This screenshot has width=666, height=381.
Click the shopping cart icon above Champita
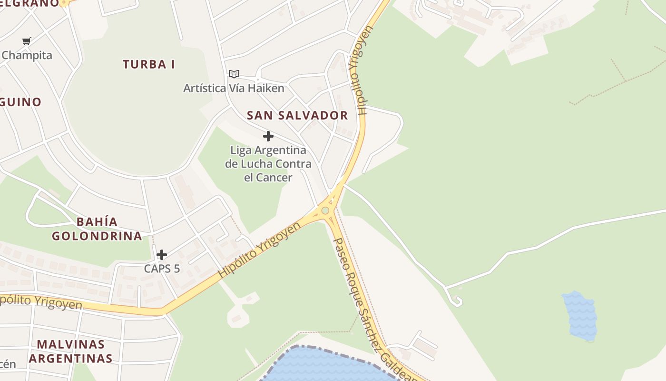[27, 41]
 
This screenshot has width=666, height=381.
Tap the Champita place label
[27, 55]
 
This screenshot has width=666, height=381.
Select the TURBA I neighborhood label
[149, 64]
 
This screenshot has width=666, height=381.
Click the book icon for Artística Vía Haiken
[234, 74]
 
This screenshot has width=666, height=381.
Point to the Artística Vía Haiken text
[234, 88]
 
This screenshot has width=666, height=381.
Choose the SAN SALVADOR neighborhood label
[297, 115]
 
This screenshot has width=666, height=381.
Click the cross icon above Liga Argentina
[268, 137]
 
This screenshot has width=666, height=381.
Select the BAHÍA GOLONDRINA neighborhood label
[97, 229]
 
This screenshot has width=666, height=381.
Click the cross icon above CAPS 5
[162, 255]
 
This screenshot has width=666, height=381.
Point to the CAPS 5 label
[162, 269]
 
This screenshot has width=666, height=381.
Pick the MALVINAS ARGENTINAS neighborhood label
[70, 351]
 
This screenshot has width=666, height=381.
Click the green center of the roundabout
[325, 211]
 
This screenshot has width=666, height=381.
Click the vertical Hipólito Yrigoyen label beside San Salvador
[360, 71]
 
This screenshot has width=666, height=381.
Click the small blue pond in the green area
[579, 316]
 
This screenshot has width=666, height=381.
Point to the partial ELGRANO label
[29, 3]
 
